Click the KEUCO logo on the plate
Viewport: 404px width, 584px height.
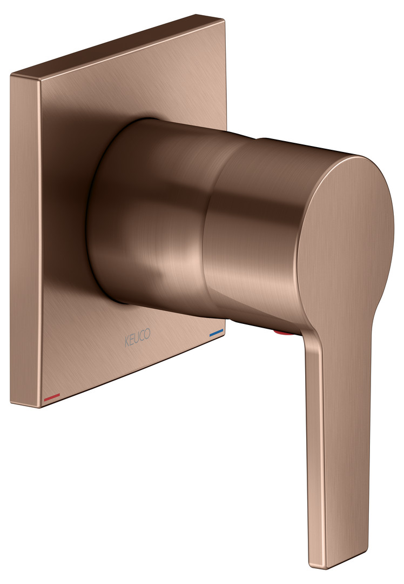[x=138, y=337]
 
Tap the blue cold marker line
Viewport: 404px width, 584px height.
[x=217, y=333]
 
